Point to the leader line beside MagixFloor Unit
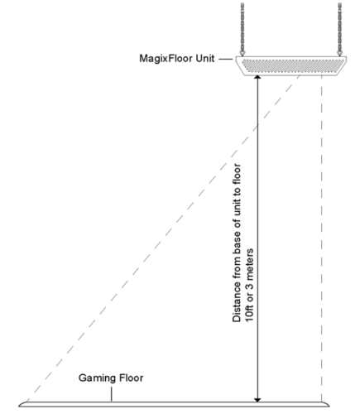coord(228,60)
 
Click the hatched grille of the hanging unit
coord(293,62)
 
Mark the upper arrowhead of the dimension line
coord(260,79)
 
